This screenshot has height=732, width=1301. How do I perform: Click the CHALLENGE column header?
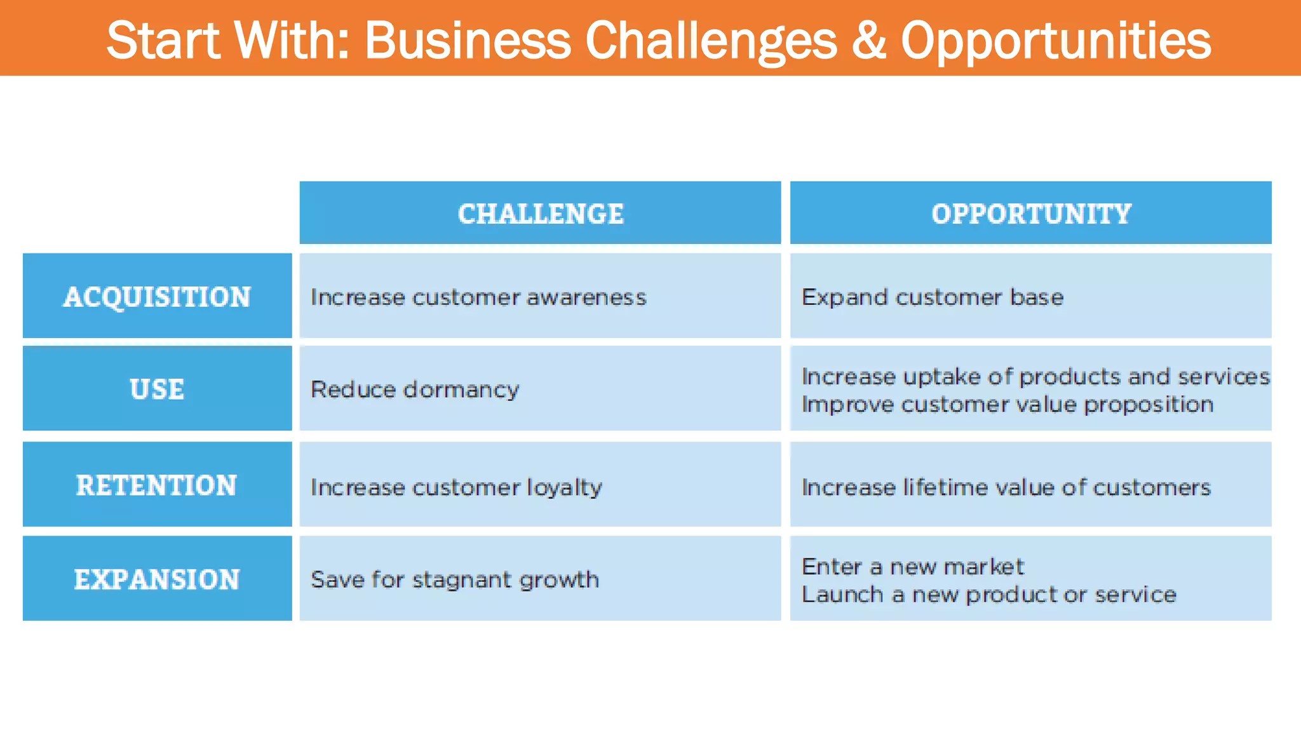point(541,213)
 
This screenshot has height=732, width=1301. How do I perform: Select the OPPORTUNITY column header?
point(1031,213)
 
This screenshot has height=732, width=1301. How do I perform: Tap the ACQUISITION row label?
point(157,297)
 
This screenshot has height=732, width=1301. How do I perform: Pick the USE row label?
point(157,389)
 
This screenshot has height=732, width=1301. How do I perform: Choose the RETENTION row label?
point(157,485)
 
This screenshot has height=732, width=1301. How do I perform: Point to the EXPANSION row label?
point(157,579)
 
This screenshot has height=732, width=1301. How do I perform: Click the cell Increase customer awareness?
point(478,297)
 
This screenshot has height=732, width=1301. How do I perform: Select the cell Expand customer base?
point(932,297)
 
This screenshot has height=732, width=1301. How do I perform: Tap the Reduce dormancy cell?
point(414,390)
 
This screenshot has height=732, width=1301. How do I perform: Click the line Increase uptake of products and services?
point(1035,376)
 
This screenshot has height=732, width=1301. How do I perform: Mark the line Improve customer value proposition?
point(1008,405)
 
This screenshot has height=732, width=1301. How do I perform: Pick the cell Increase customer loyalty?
point(456,487)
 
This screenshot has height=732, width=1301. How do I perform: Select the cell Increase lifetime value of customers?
point(1006,487)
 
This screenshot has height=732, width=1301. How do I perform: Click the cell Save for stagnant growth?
point(455,579)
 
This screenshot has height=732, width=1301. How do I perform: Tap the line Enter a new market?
point(912,566)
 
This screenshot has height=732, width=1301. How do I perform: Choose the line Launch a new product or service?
point(988,595)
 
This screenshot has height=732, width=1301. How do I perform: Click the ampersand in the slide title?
point(868,40)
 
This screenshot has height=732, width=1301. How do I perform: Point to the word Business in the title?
point(468,40)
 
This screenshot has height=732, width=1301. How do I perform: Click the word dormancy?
point(462,390)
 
